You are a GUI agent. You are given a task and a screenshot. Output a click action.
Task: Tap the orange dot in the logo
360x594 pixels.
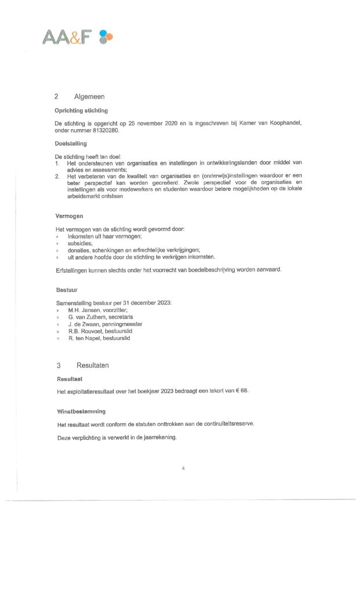[110, 37]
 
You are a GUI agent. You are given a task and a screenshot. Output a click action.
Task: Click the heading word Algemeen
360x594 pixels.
[89, 96]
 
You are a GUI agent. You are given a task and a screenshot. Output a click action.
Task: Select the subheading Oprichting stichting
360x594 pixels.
[81, 110]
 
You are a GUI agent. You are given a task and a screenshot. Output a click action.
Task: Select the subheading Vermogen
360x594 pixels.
[68, 216]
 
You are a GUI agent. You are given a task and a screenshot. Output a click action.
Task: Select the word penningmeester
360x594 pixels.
[122, 324]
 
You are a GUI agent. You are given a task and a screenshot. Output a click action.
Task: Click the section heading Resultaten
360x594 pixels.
[92, 365]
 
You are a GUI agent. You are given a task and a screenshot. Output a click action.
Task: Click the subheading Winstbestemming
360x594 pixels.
[81, 411]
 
